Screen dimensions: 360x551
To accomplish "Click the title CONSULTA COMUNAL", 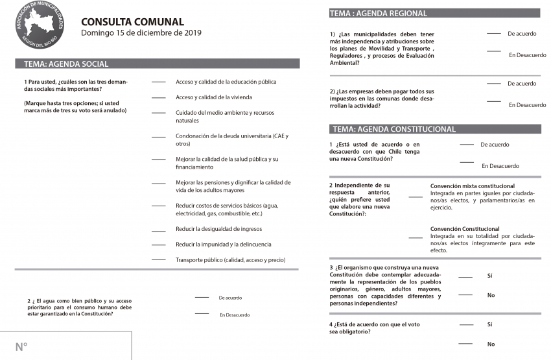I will click(132, 22).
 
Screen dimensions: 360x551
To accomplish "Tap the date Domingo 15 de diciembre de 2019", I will click(141, 33).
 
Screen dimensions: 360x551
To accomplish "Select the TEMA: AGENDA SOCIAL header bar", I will click(158, 64).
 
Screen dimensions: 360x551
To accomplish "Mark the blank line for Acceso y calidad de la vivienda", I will click(159, 98).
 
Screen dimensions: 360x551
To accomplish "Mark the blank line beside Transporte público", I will click(159, 260).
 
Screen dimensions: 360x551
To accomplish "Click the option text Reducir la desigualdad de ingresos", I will click(218, 229).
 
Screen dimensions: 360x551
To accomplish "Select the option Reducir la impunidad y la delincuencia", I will click(223, 245).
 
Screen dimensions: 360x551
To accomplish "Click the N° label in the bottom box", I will click(21, 347).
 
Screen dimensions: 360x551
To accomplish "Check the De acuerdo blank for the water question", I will click(202, 297).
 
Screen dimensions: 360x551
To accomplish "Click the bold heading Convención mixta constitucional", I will click(473, 186).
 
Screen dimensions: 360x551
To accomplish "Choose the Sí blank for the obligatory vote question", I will click(465, 324).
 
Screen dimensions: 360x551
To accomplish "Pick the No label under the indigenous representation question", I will click(491, 295).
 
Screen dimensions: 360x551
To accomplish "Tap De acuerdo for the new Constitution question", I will click(495, 145).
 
